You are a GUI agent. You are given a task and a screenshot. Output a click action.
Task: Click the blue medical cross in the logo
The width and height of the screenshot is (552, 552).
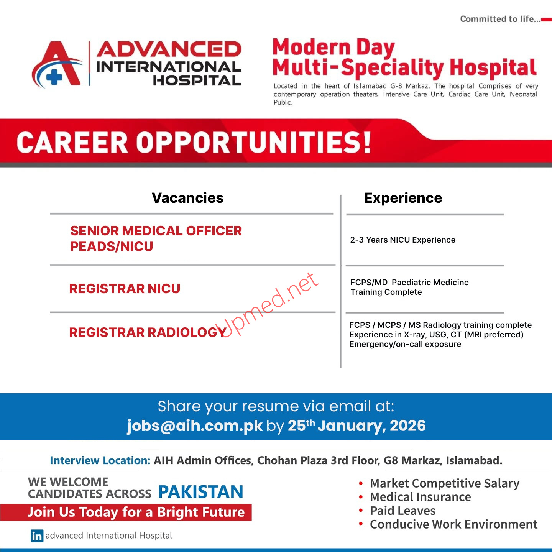[x=54, y=77]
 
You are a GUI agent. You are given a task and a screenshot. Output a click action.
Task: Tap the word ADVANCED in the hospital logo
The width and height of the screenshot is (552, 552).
[x=169, y=50]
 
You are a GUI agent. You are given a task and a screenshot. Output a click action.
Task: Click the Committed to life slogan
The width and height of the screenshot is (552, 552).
[x=500, y=19]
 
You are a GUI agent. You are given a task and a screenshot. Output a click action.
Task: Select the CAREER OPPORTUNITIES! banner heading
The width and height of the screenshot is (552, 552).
[x=194, y=143]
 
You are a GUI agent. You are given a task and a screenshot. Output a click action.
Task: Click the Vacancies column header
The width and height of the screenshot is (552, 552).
[x=188, y=198]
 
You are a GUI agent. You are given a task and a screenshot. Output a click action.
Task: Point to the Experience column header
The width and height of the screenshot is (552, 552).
[x=403, y=198]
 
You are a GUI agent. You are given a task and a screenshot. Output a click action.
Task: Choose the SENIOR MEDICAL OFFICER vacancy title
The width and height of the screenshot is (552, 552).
[x=156, y=231]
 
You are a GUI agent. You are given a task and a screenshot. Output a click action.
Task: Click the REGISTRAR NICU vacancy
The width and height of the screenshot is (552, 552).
[x=125, y=289]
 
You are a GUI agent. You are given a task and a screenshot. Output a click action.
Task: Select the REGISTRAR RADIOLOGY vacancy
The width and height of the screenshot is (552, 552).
[x=148, y=332]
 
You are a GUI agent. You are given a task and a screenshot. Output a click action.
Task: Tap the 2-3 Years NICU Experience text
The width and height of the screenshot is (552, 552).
[x=402, y=240]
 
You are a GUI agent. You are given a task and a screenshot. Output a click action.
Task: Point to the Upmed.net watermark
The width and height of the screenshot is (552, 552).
[x=268, y=305]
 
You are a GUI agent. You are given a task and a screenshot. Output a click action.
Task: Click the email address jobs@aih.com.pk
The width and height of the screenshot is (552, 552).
[x=195, y=426]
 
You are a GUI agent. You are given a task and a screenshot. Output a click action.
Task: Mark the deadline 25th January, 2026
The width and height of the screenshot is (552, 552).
[x=356, y=426]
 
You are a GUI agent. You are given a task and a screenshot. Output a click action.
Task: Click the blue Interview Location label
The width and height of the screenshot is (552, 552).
[x=100, y=460]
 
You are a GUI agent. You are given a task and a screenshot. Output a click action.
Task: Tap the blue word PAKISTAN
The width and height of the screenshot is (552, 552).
[x=200, y=492]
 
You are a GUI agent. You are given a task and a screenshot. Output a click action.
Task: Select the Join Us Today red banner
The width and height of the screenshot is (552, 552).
[x=136, y=512]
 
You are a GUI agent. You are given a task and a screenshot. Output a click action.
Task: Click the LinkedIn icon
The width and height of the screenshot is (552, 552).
[x=37, y=536]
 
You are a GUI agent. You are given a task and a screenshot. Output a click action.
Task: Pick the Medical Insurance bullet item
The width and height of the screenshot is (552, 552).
[x=420, y=497]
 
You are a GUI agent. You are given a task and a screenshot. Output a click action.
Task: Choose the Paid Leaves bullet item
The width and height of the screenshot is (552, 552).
[x=402, y=511]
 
